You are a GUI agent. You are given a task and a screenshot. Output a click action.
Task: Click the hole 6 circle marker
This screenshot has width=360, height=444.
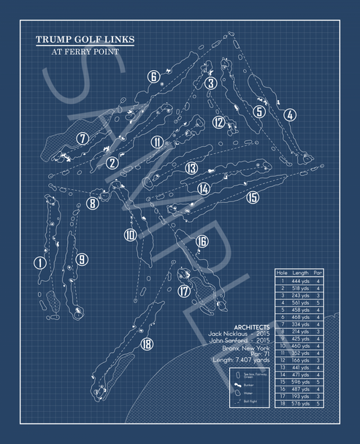[x=153, y=77]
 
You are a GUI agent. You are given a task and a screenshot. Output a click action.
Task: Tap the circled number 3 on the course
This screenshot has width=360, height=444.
[x=211, y=83]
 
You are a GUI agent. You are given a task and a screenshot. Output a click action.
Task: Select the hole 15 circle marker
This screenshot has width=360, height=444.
[x=253, y=197]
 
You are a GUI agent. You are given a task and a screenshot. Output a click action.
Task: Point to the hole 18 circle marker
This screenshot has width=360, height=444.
[x=147, y=345]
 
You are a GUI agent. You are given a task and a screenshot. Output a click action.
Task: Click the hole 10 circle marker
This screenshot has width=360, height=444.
[x=130, y=235]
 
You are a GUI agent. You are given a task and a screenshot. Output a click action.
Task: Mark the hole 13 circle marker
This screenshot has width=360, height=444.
[x=191, y=169]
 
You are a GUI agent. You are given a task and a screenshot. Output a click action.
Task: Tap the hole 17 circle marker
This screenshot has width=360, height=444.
[x=184, y=291]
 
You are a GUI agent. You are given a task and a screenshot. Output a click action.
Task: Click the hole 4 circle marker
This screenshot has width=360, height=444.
[x=290, y=115]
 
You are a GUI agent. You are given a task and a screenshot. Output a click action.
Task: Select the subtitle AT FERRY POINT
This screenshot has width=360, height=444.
[x=85, y=52]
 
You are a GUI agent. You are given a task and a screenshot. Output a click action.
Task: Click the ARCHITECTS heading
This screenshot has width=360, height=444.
[x=251, y=328]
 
